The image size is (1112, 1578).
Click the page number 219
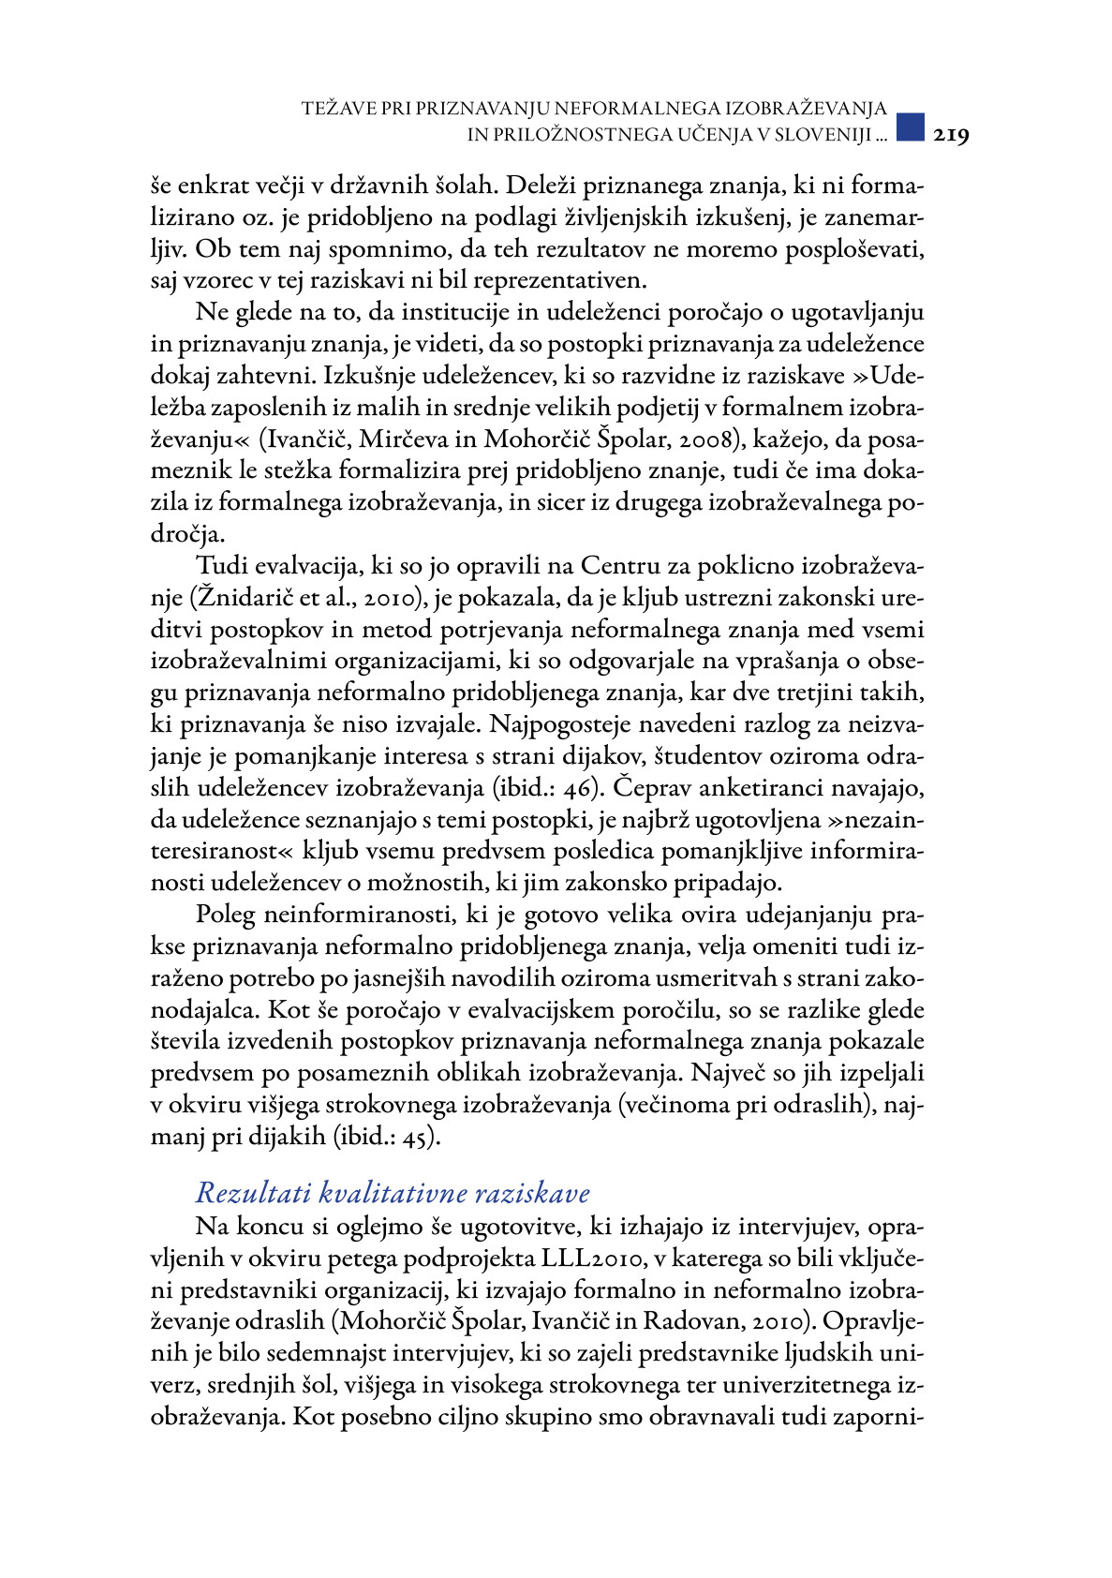(950, 135)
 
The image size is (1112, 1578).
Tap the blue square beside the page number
(911, 127)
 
